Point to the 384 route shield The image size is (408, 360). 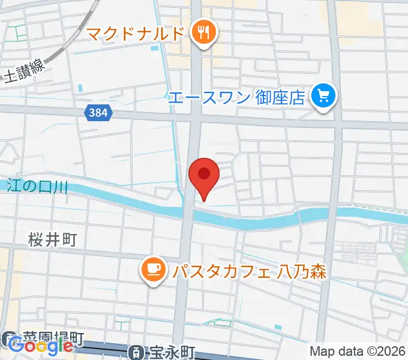[x=97, y=112]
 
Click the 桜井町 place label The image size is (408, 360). [x=52, y=241]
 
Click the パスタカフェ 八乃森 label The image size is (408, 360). [x=248, y=271]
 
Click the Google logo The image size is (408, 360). [x=41, y=346]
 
